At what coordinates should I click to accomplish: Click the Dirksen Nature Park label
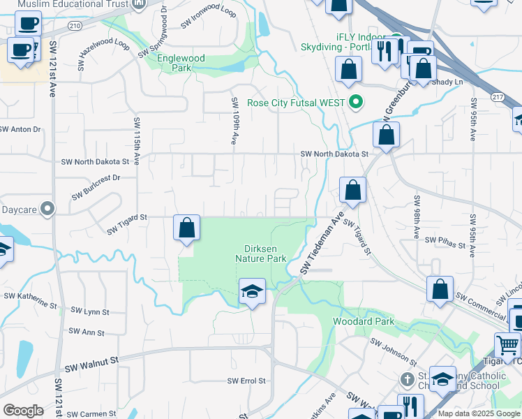coord(266,253)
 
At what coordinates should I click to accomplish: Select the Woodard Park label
coord(364,322)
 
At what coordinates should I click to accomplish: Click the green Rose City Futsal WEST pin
coord(357,103)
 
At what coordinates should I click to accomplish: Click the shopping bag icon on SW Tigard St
coord(187,228)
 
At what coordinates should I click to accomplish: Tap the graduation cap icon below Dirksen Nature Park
coord(252,291)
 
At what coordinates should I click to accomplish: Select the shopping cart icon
coord(508,345)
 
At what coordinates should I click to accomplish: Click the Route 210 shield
coord(75,26)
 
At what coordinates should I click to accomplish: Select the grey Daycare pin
coord(47,208)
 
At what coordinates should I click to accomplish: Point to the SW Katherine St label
coord(30,300)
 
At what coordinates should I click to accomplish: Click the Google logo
coord(23,411)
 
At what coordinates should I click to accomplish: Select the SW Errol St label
coord(247,381)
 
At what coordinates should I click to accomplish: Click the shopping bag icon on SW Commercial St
coord(440,290)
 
